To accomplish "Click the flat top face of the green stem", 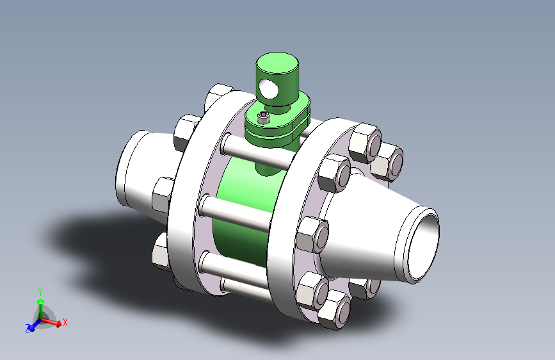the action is (278, 63).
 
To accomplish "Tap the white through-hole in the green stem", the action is (268, 88).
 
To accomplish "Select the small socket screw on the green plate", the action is (263, 118).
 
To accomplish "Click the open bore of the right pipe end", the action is (424, 245).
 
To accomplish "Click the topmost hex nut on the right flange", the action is (366, 142).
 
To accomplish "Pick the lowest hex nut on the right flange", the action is (334, 311).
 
